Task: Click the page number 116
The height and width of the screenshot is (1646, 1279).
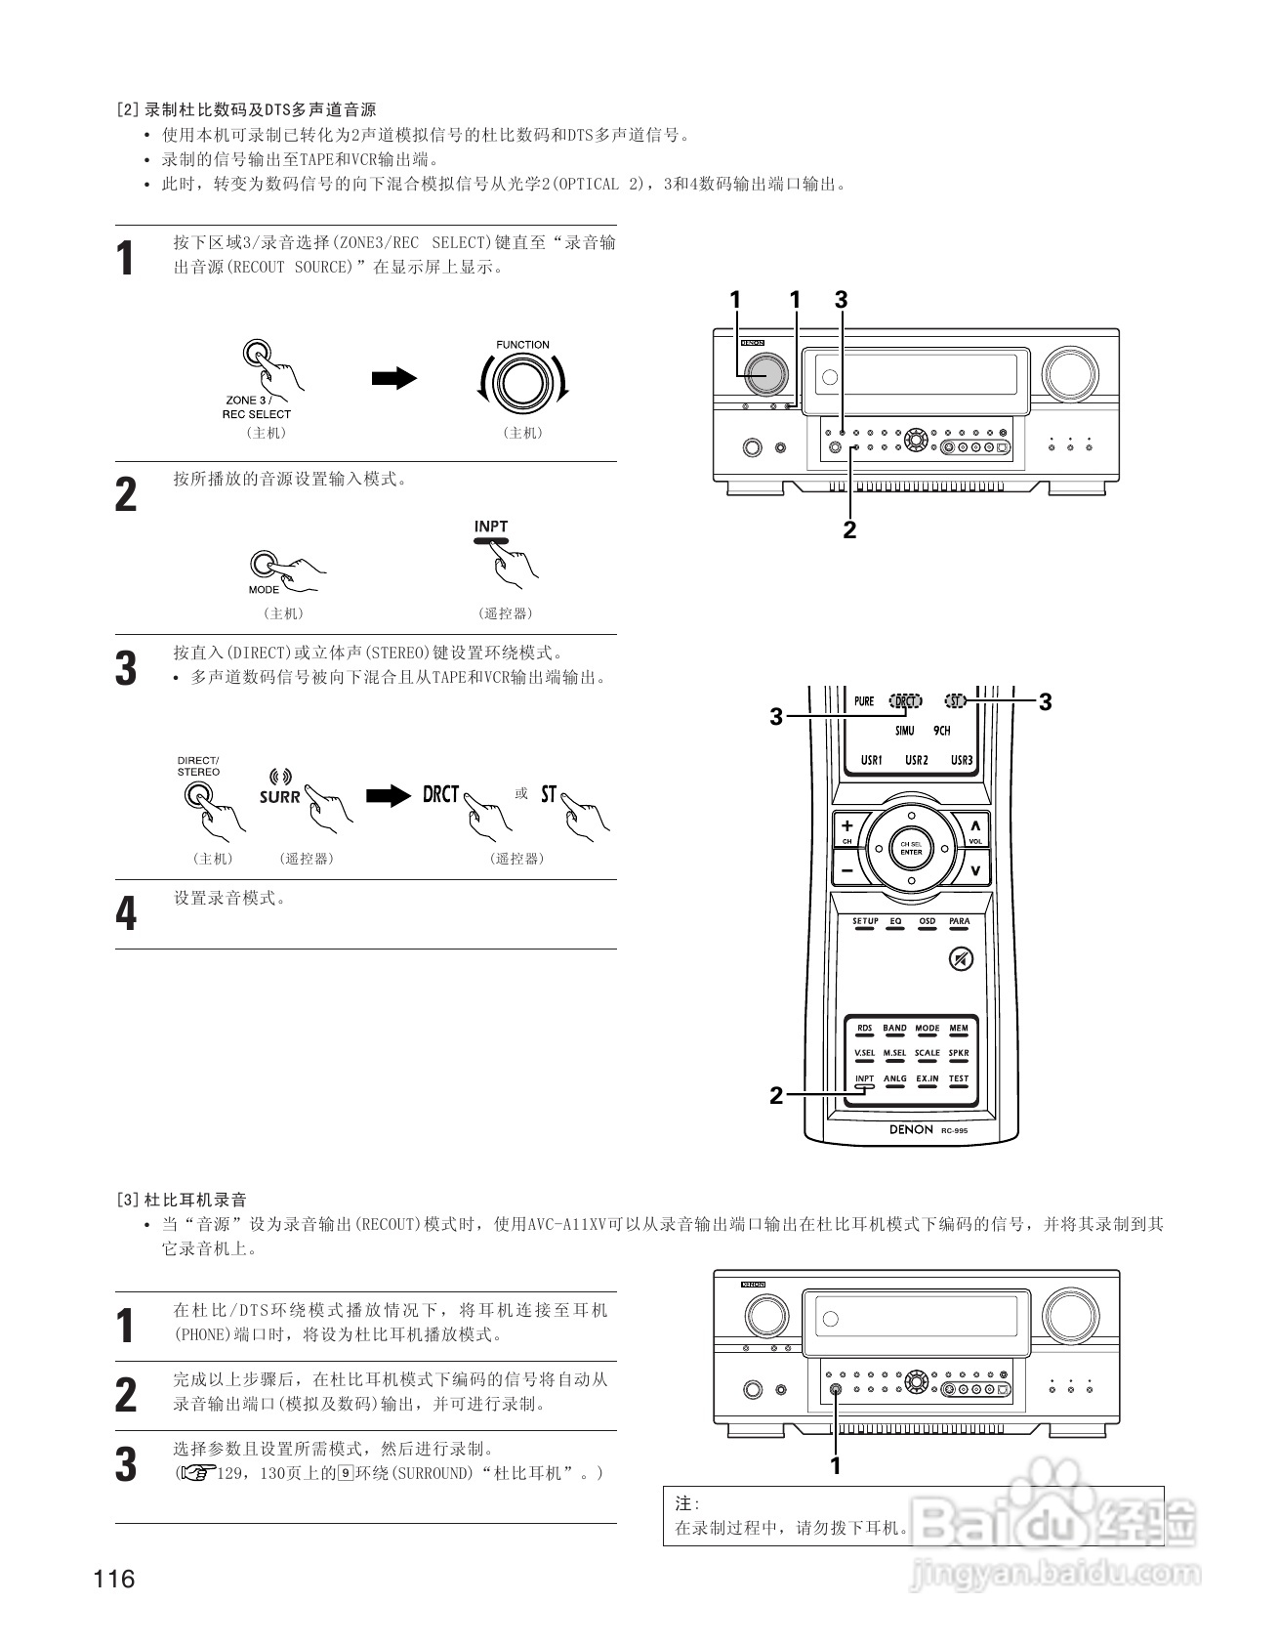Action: coord(114,1579)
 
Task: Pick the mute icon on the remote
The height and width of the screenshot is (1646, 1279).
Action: coord(961,959)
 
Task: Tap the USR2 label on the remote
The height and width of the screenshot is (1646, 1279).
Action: coord(916,760)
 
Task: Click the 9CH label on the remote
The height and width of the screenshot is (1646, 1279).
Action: coord(941,731)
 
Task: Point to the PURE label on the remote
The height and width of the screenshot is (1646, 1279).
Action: coord(864,701)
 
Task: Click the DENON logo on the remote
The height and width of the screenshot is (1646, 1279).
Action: coord(911,1129)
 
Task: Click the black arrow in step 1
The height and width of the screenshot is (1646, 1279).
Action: coord(393,378)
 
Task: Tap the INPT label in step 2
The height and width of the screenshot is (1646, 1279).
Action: coord(491,527)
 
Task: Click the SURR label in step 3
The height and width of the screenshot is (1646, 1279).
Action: coord(279,796)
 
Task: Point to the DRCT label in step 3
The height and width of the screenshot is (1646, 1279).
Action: coord(440,794)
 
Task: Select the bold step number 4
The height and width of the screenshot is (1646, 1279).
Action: coord(126,914)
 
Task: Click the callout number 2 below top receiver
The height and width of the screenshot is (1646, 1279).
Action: coord(849,530)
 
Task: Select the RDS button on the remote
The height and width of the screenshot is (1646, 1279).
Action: coord(865,1030)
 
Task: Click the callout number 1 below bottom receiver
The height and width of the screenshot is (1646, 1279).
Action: coord(836,1465)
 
